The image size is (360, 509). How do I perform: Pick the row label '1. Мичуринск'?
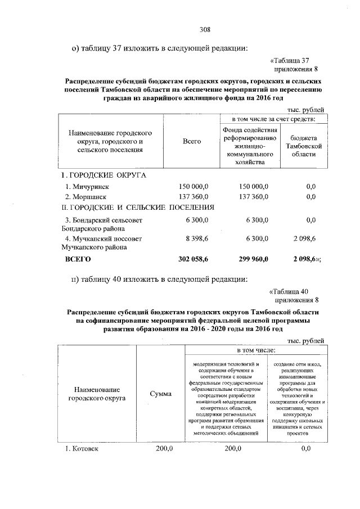tap(86, 186)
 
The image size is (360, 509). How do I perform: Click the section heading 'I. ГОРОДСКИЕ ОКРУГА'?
tap(103, 175)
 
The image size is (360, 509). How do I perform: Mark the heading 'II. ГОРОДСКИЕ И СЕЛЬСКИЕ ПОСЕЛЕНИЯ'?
tap(138, 208)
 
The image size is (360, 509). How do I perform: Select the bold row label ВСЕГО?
tap(76, 259)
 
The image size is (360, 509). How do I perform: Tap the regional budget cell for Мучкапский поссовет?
tap(304, 239)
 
